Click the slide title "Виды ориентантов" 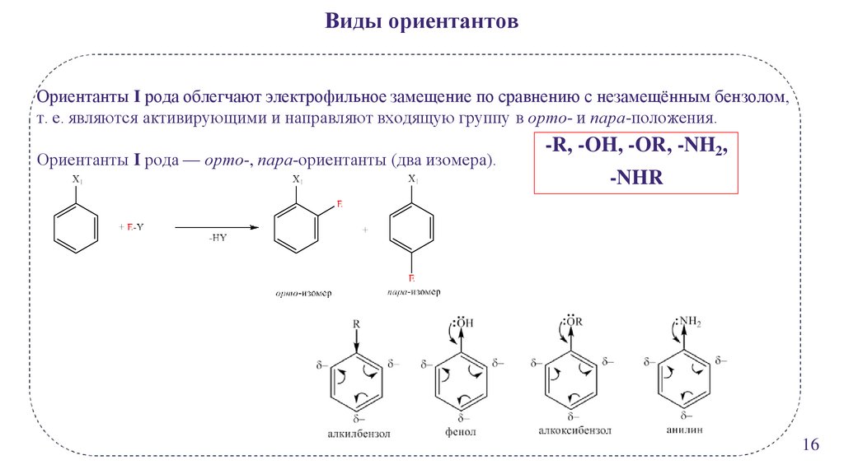[421, 21]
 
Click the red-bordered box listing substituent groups [635, 161]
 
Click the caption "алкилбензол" [357, 433]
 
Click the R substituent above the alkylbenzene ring [356, 324]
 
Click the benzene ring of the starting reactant [77, 226]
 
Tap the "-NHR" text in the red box [635, 177]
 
